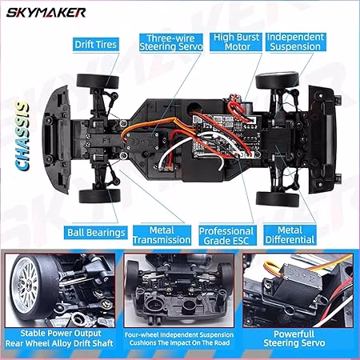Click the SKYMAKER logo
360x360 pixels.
[46, 13]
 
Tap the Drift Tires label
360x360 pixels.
[96, 44]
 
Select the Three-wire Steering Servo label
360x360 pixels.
[171, 42]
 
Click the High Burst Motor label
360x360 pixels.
[236, 42]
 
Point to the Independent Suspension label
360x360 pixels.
[295, 42]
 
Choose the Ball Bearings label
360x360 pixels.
[96, 233]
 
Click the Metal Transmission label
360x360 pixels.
[162, 235]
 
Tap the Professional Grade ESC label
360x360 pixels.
[227, 236]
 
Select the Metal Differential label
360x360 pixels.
[290, 235]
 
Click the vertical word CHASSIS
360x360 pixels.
[22, 137]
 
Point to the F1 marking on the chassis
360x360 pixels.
[106, 140]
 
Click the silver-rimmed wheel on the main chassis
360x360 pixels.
[277, 80]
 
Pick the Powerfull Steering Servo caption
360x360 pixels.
[294, 338]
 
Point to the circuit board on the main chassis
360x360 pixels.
[226, 135]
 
